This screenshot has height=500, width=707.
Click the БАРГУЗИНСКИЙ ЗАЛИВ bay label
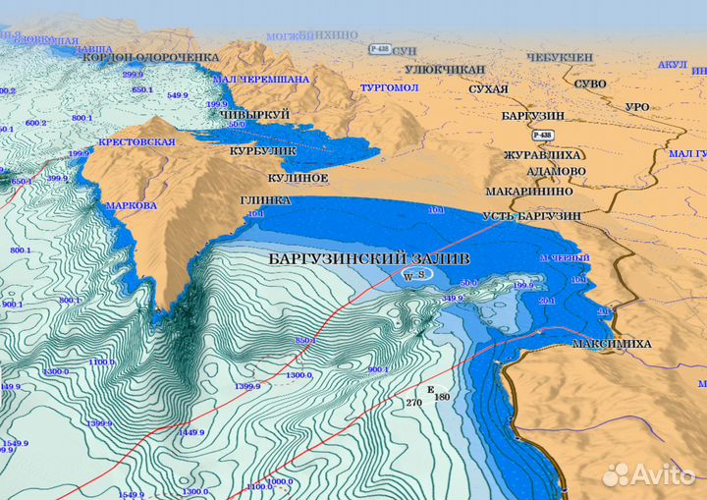click(368, 258)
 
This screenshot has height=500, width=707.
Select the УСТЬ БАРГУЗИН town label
click(531, 215)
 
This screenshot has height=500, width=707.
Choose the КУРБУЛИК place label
click(262, 153)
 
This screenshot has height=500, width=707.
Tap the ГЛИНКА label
click(265, 199)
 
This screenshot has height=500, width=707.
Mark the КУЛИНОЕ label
click(298, 178)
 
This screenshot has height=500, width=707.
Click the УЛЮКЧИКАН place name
click(445, 70)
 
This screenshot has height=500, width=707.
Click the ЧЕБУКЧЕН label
click(560, 58)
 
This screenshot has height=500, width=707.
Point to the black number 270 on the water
click(412, 403)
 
